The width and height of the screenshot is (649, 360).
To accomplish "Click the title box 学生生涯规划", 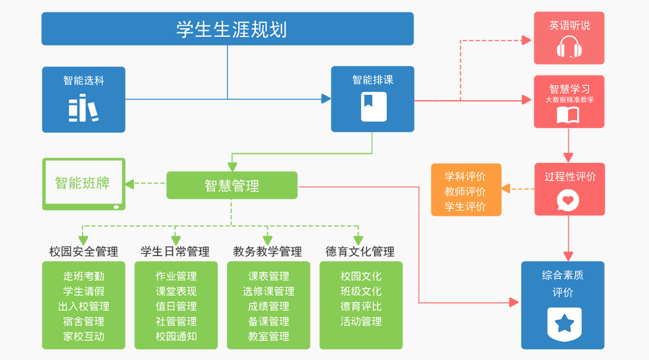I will [227, 28].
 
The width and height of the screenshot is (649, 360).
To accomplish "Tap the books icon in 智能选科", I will [83, 109].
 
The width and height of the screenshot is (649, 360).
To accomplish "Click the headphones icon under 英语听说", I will [569, 47].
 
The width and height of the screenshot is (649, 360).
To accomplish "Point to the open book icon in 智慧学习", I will [569, 115].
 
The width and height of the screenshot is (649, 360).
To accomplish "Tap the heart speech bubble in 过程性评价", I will [568, 200].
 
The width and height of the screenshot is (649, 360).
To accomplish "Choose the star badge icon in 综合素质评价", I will [564, 323].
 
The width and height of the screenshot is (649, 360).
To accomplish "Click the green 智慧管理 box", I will [231, 185].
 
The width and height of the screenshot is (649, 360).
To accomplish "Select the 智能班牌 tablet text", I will [83, 183].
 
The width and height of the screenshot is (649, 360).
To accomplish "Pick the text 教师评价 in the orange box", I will [465, 192].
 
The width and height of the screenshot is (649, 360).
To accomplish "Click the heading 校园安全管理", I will [83, 251].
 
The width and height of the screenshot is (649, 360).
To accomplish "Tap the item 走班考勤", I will [83, 276].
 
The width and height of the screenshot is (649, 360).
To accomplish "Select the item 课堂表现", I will [176, 292].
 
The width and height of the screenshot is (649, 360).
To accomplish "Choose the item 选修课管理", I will [268, 292].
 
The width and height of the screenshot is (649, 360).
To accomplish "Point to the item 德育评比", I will [361, 306].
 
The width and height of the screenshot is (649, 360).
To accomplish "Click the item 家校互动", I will [83, 336].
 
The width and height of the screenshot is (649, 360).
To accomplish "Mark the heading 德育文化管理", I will [360, 251].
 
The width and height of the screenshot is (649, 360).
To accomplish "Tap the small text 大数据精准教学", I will [569, 100].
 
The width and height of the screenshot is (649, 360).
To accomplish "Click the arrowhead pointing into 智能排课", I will [326, 99].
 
